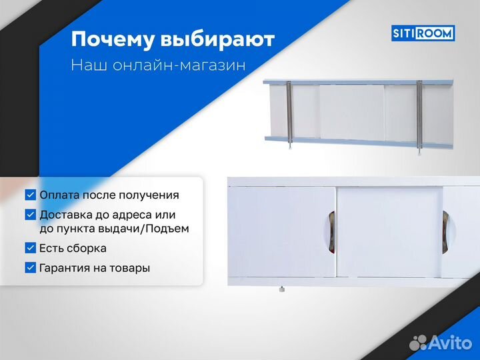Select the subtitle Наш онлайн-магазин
coord(158,66)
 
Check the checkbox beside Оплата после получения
coord(31,195)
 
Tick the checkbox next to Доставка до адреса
coord(31,215)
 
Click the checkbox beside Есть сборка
coord(31,248)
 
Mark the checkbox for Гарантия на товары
coord(31,268)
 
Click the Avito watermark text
coord(451,342)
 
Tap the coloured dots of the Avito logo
coord(418,342)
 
